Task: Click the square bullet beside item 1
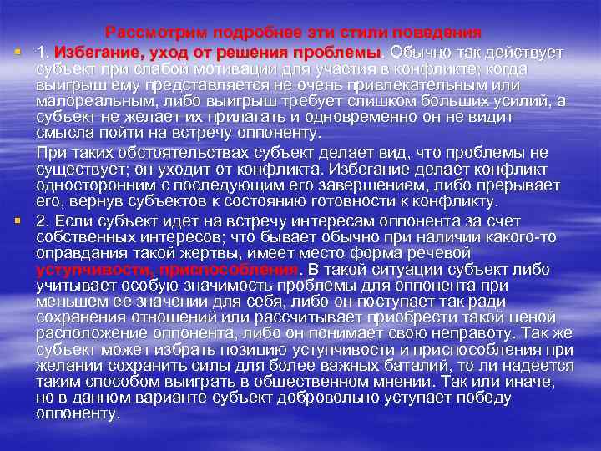point(17,52)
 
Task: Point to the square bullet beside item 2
point(17,220)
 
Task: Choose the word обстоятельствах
point(175,153)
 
